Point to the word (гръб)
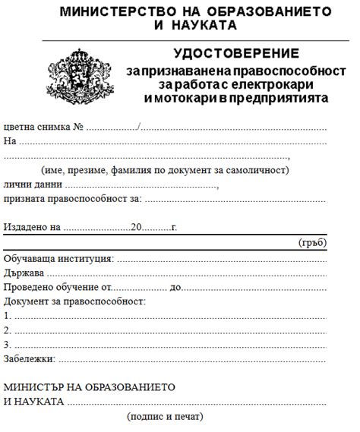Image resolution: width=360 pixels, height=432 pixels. (x=311, y=242)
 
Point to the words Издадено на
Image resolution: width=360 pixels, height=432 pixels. (x=31, y=226)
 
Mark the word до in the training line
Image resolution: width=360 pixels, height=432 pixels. (x=176, y=288)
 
